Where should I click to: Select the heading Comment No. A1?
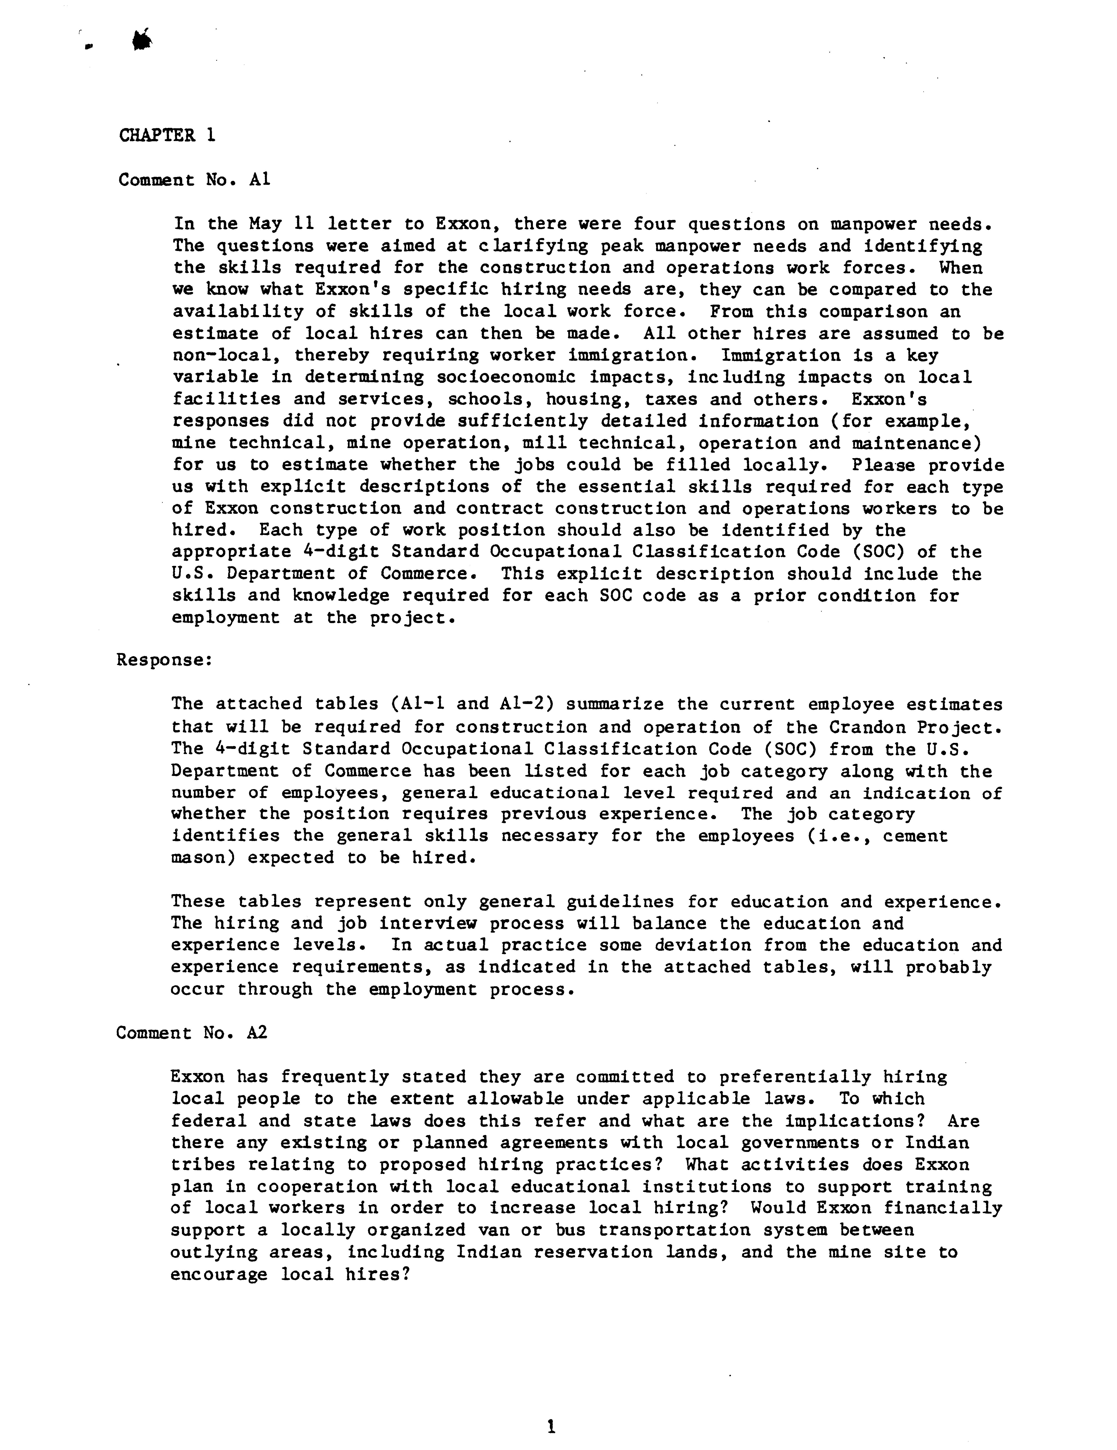194,180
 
